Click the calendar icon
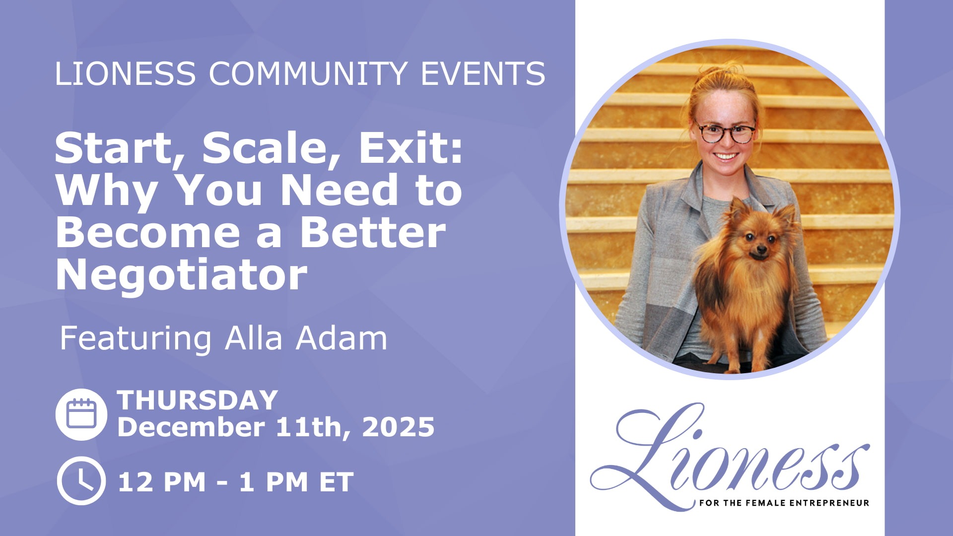(x=81, y=414)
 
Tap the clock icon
(x=81, y=481)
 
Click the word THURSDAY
(x=198, y=400)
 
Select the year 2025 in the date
(x=398, y=427)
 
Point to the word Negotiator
(x=182, y=275)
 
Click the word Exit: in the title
(x=411, y=148)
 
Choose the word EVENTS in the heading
(x=483, y=73)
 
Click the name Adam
(x=341, y=338)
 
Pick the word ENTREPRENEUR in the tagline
(x=829, y=503)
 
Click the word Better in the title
(x=373, y=233)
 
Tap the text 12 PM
(x=162, y=482)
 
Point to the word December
(x=191, y=427)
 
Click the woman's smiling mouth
(x=725, y=156)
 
